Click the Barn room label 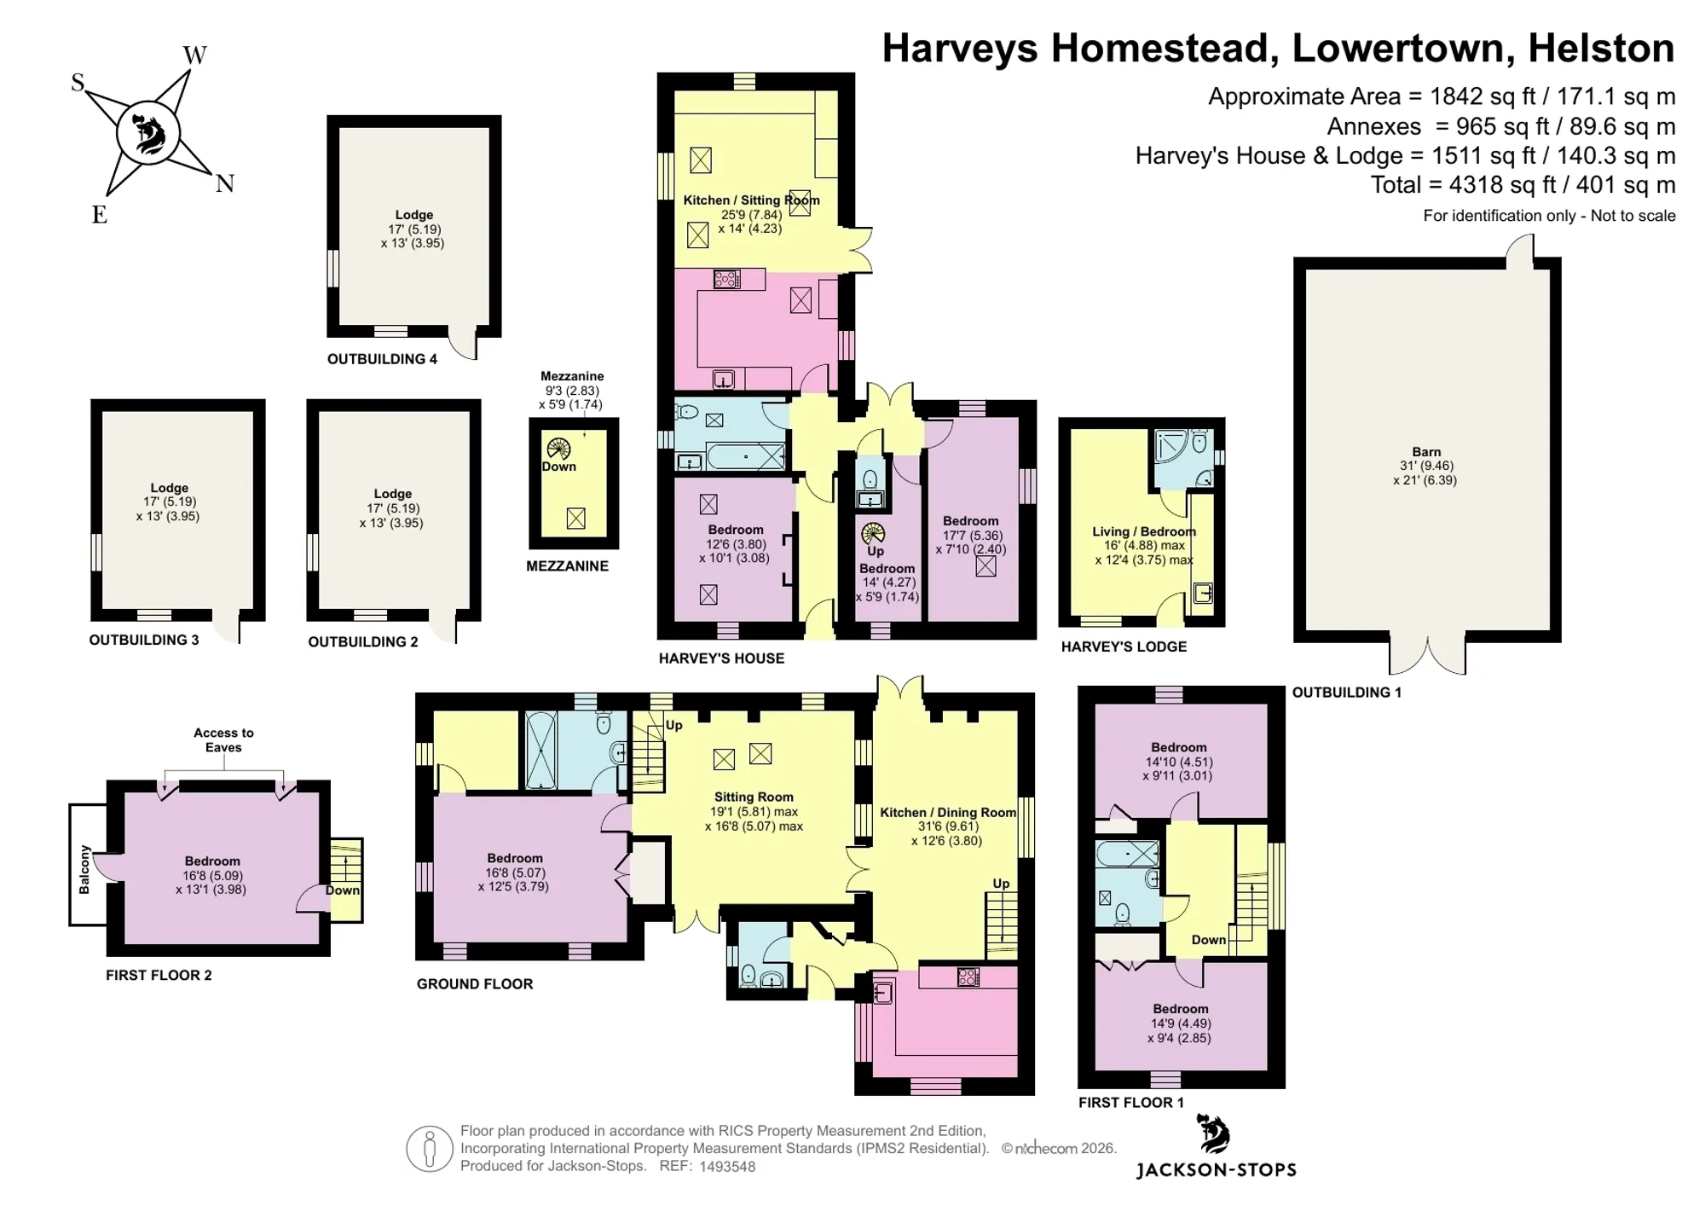point(1426,452)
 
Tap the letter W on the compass point(194,55)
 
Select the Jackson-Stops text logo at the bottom point(1217,1170)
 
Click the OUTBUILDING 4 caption point(382,359)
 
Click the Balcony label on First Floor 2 point(84,870)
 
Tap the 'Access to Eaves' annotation point(223,740)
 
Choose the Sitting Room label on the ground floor point(754,797)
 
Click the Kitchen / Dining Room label point(948,813)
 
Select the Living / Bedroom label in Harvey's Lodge point(1144,531)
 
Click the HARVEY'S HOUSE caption point(721,658)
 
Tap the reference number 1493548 point(727,1167)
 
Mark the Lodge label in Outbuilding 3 point(169,489)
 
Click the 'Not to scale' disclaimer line point(1550,216)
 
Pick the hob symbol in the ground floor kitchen point(968,977)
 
